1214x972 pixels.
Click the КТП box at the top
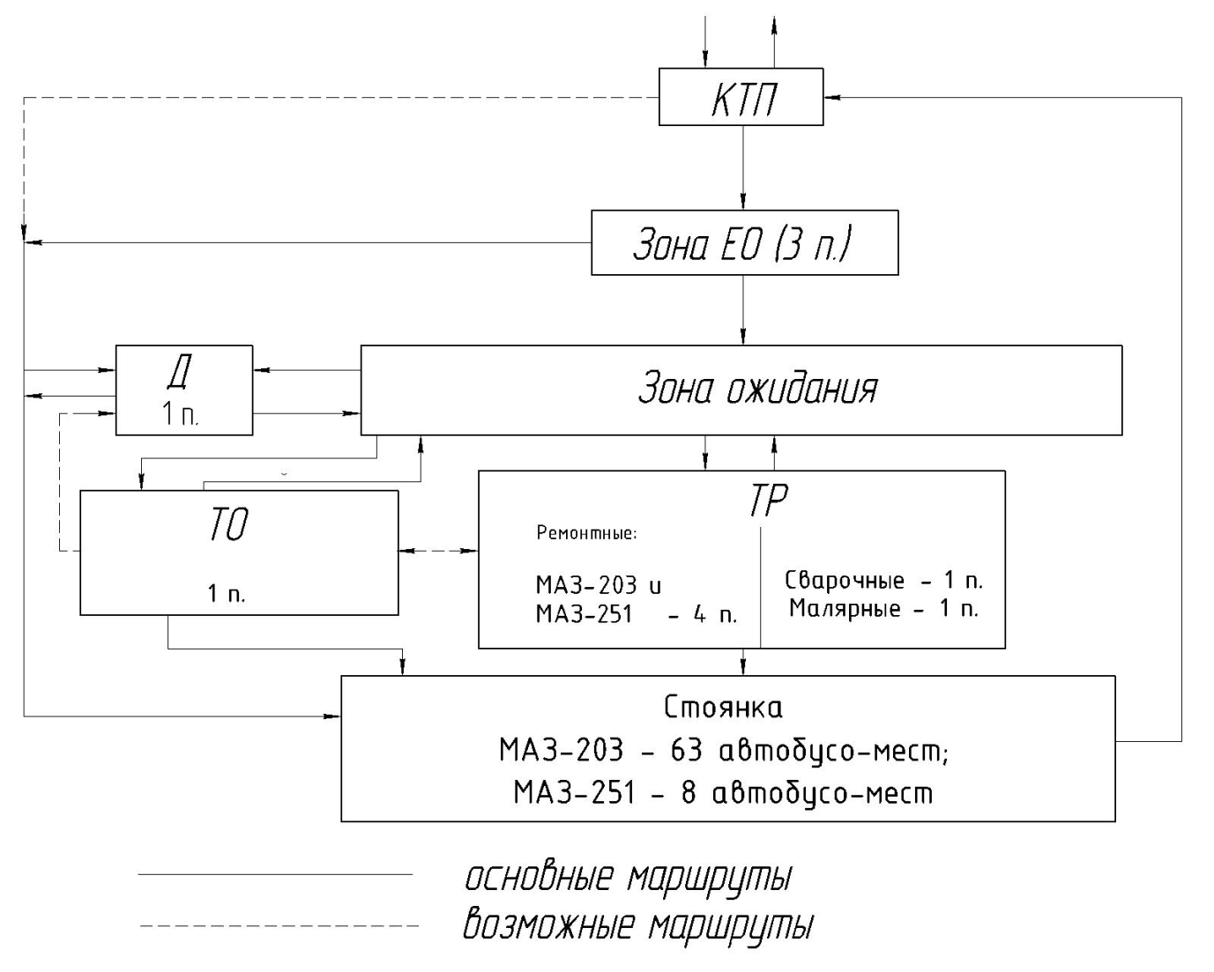coord(741,97)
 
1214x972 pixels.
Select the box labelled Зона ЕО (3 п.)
coord(744,242)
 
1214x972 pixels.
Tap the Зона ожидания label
coord(757,389)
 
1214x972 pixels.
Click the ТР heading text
coord(767,501)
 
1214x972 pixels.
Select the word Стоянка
coord(723,708)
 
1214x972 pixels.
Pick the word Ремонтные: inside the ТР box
coord(586,533)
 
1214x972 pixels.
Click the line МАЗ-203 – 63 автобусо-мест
coord(723,751)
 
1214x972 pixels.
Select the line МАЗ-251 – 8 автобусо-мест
coord(723,793)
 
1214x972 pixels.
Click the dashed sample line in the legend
coord(278,926)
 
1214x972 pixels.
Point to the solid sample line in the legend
coord(275,875)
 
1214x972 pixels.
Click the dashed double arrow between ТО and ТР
coord(438,551)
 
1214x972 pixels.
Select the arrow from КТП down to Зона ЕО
coord(743,167)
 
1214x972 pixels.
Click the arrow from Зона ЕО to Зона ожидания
coord(743,310)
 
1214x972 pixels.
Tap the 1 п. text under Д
coord(180,415)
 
